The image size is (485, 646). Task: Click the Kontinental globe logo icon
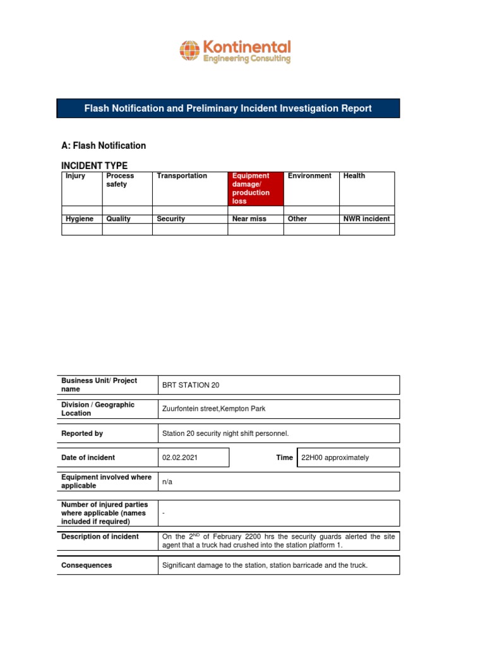tap(189, 50)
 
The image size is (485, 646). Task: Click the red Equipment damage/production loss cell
tap(255, 189)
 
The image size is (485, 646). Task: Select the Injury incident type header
tap(75, 176)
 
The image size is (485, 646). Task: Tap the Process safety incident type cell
tap(120, 180)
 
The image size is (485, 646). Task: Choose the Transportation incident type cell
tap(182, 176)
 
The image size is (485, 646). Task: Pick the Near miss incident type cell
tap(249, 219)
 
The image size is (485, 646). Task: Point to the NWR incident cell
tap(366, 219)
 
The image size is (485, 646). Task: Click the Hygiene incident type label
tap(80, 219)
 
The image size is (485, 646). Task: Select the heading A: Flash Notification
tap(104, 146)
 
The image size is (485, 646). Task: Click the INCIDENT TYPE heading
tap(94, 165)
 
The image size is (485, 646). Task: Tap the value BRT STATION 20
tap(191, 385)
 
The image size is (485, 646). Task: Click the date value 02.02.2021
tap(180, 457)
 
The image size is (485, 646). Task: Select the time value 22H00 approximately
tap(335, 457)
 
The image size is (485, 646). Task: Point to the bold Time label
tap(284, 457)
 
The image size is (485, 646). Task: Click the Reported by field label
tap(82, 433)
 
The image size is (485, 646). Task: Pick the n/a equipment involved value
tap(167, 481)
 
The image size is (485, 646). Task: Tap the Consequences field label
tap(87, 565)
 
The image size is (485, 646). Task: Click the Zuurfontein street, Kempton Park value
tap(213, 409)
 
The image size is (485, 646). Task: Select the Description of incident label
tap(100, 537)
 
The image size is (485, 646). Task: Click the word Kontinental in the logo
tap(246, 47)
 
